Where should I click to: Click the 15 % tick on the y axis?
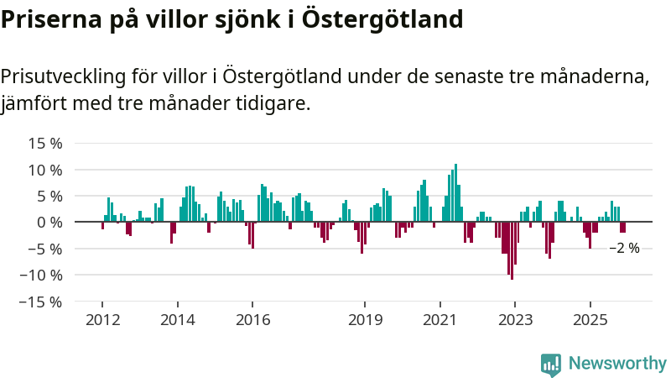[45, 144]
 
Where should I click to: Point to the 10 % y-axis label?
[45, 170]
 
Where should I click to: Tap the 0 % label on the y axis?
[49, 223]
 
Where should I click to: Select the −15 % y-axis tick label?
[42, 302]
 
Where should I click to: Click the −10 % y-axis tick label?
[42, 275]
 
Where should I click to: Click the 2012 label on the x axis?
[101, 320]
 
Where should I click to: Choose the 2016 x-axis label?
[253, 320]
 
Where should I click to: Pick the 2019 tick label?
[365, 320]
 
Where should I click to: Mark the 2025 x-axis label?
[590, 320]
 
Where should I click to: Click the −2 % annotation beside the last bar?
[624, 249]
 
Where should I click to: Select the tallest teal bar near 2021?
[455, 192]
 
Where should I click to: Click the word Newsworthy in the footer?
[617, 364]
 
